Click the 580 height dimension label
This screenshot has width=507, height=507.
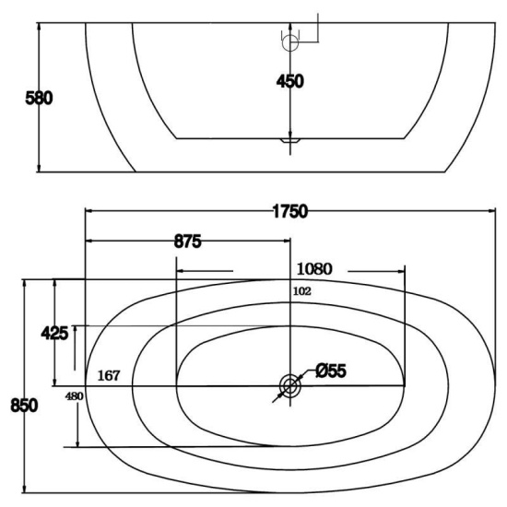[39, 98]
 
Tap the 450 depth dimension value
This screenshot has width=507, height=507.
[290, 81]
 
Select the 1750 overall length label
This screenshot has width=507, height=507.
[290, 211]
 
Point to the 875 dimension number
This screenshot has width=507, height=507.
[187, 242]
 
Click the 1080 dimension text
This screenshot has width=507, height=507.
[314, 269]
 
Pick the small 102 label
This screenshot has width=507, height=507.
[302, 291]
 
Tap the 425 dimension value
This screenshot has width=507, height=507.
[54, 333]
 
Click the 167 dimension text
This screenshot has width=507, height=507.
[109, 375]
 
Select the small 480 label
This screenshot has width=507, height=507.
[75, 396]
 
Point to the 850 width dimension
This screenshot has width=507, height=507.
[24, 406]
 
